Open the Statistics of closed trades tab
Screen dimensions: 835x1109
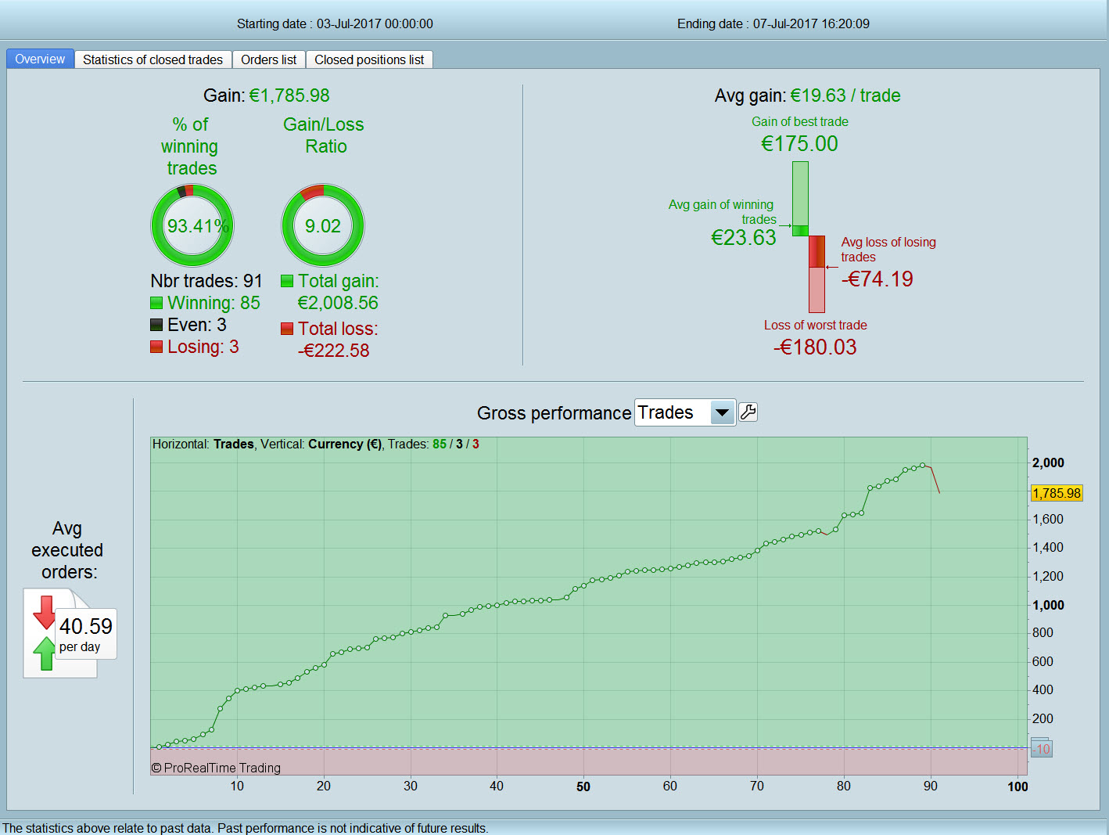(x=153, y=59)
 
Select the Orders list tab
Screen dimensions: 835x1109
(x=268, y=59)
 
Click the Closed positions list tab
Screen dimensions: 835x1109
(x=369, y=59)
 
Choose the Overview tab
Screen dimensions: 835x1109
(x=40, y=59)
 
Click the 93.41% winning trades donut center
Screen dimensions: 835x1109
(x=192, y=226)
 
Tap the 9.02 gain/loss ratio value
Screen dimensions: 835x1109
(x=322, y=226)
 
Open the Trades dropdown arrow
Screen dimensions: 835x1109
(x=722, y=412)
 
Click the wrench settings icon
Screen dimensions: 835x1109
(x=748, y=412)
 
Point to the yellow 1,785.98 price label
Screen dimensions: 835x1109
(x=1056, y=493)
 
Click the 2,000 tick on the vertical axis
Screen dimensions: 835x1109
(x=1048, y=462)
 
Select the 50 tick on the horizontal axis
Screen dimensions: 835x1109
(x=583, y=786)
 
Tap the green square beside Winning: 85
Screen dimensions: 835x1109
(x=156, y=303)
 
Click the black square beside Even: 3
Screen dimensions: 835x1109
(x=156, y=325)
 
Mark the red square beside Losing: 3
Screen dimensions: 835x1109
(x=156, y=347)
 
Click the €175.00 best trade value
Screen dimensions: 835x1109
(x=799, y=144)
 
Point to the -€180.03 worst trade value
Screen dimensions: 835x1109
(x=815, y=347)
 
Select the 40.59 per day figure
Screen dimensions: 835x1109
(x=86, y=627)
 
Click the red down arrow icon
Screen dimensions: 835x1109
(x=45, y=611)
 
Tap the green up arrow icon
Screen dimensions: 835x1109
(x=45, y=653)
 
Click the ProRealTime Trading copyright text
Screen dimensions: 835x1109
(x=216, y=768)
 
